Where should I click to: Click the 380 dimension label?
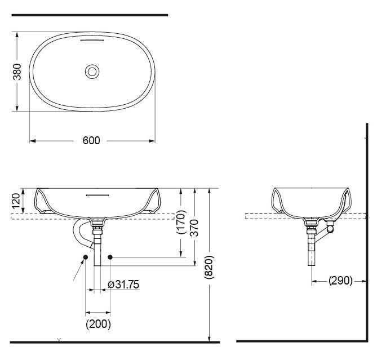[x=17, y=72]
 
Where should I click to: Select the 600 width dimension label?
[x=91, y=140]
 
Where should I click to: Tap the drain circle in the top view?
[x=92, y=72]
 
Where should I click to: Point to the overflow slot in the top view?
[x=92, y=39]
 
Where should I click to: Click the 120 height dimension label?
[x=16, y=201]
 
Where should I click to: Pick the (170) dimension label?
[x=181, y=222]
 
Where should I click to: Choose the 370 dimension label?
[x=194, y=228]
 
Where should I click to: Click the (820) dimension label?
[x=209, y=267]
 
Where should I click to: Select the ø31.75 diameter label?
[x=123, y=285]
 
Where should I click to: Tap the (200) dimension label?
[x=98, y=324]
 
